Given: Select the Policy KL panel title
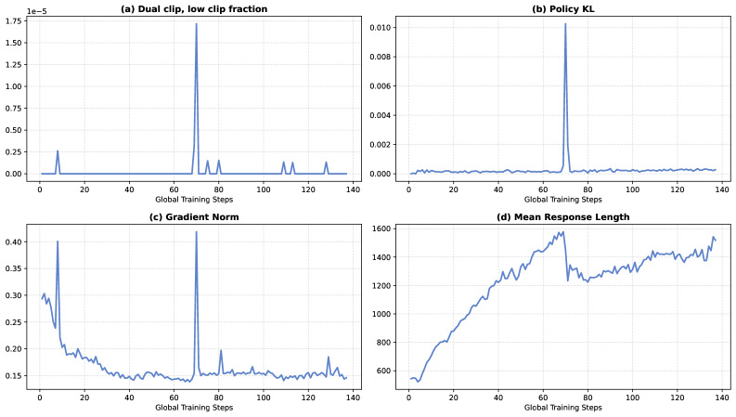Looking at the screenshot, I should [x=564, y=8].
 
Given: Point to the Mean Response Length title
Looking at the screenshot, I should [x=564, y=217].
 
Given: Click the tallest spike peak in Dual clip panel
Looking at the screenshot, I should [x=196, y=24].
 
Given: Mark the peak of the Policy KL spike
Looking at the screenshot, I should [x=565, y=24].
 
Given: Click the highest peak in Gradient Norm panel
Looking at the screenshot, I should [x=196, y=232].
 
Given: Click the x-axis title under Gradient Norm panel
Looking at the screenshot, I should [x=193, y=408].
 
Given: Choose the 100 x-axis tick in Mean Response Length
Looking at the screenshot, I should [x=633, y=397].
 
